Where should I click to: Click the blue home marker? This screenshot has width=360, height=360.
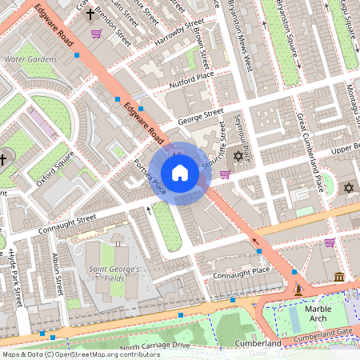[180, 173]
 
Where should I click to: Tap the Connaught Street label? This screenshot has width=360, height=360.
[67, 223]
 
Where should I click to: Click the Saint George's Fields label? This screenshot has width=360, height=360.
[114, 274]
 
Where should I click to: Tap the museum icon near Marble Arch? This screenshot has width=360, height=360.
[338, 277]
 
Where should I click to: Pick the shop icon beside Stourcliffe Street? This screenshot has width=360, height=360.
[225, 174]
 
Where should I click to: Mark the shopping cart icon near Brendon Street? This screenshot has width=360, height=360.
[97, 34]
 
